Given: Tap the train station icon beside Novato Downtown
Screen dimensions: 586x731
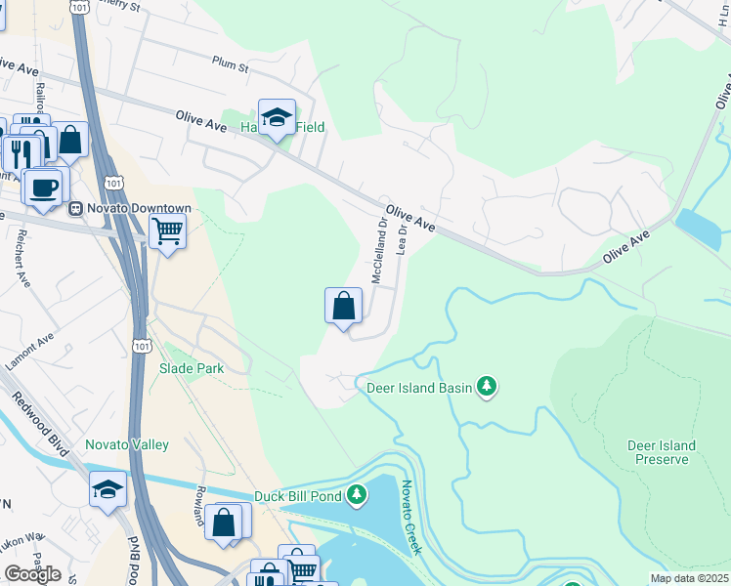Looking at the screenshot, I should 74,209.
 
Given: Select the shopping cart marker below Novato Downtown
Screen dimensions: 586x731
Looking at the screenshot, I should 167,232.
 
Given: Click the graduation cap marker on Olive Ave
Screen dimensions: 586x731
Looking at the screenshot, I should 278,117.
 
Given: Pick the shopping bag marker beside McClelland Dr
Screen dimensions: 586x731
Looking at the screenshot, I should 344,306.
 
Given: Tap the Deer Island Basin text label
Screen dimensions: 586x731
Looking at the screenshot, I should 419,388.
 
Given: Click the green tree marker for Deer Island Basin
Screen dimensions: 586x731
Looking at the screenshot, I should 487,388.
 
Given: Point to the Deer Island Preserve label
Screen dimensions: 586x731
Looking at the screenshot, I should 662,453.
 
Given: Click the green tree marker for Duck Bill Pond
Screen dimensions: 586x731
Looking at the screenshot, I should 358,495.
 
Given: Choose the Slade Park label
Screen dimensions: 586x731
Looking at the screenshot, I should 192,368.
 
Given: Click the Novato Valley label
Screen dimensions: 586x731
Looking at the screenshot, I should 126,445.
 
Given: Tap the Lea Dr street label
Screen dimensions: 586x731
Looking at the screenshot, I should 402,240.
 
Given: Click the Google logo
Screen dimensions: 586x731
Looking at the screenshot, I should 32,573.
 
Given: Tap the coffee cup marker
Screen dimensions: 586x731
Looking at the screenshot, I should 42,187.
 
